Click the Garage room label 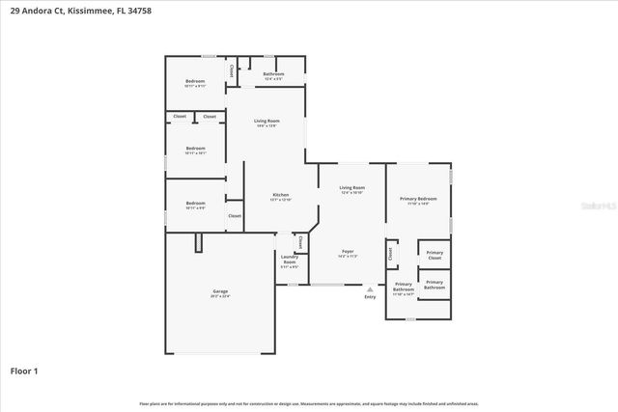click(x=220, y=292)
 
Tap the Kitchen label click(x=281, y=196)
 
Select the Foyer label click(x=348, y=253)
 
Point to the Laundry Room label click(x=289, y=261)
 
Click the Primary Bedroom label click(x=418, y=201)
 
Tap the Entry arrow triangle click(x=370, y=288)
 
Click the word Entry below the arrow click(x=370, y=296)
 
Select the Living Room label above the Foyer click(x=351, y=189)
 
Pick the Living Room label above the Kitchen click(x=267, y=123)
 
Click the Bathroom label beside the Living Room click(x=273, y=75)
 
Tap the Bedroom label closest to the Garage click(x=196, y=205)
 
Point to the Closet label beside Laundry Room click(x=300, y=243)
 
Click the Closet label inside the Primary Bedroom click(x=390, y=254)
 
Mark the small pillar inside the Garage click(x=197, y=242)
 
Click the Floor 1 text click(x=24, y=371)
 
